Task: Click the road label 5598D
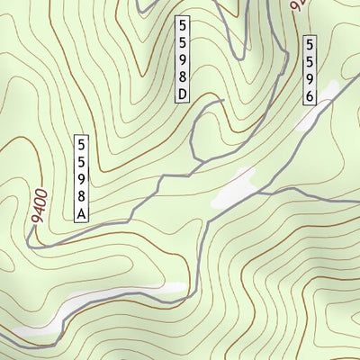tap(184, 59)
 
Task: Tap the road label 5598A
tap(81, 178)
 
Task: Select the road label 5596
tap(310, 71)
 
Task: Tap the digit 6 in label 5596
tap(310, 96)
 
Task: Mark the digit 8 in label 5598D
tap(184, 76)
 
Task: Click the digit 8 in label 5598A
tap(81, 195)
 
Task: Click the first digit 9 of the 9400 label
tap(33, 219)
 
